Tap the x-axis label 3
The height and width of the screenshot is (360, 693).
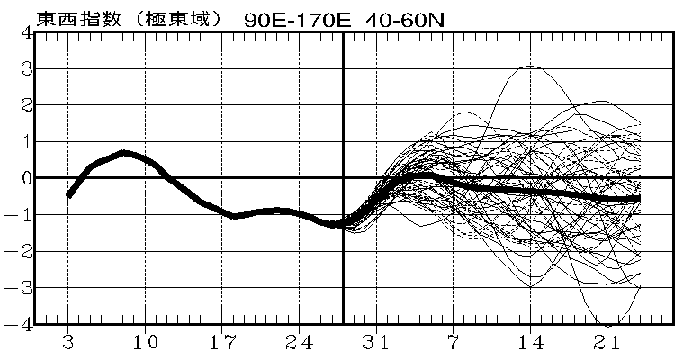(x=68, y=343)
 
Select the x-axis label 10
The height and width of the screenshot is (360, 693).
(x=145, y=343)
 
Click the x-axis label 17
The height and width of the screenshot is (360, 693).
(x=222, y=343)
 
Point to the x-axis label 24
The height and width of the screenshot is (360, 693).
(x=300, y=343)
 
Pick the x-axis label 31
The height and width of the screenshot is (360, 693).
(x=376, y=343)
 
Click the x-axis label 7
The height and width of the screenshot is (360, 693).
(x=454, y=343)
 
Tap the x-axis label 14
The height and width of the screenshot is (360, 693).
(x=531, y=343)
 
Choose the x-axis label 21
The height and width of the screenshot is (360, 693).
(x=607, y=343)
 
